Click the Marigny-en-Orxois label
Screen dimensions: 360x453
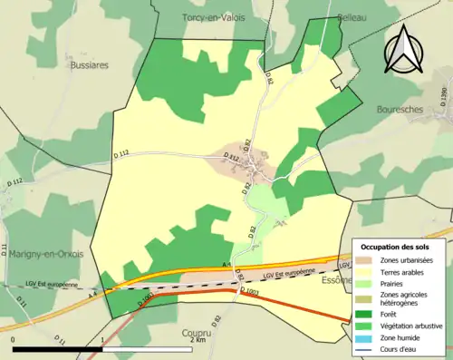44,254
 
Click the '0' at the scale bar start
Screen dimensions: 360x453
14,340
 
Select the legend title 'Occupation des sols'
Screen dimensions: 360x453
401,247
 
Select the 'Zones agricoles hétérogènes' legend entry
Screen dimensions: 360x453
405,299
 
